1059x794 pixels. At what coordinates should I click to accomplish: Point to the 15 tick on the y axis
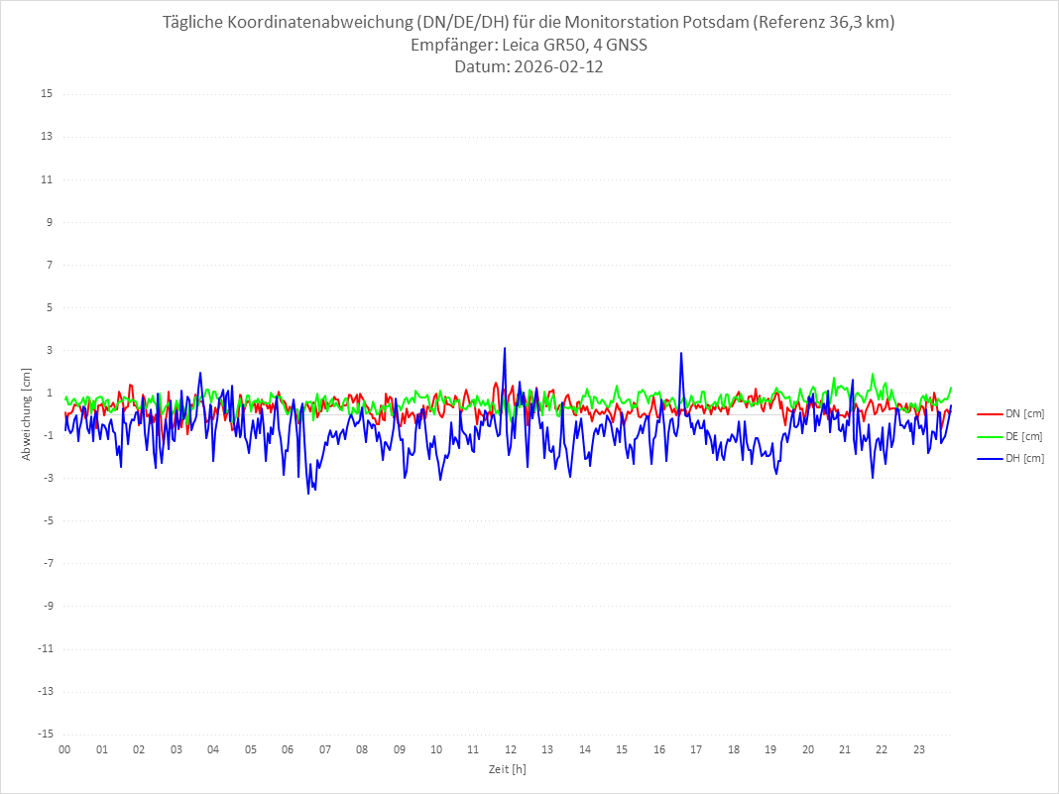click(47, 94)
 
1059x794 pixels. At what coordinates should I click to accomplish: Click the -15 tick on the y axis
click(45, 734)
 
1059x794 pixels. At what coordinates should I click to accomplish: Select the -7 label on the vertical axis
click(47, 563)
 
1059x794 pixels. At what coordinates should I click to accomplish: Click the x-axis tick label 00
click(64, 749)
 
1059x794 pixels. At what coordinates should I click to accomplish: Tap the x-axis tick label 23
click(919, 749)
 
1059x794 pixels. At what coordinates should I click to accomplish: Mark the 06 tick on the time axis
click(288, 749)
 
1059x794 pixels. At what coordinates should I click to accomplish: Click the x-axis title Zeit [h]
click(508, 769)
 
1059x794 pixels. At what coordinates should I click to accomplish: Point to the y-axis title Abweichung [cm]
click(27, 413)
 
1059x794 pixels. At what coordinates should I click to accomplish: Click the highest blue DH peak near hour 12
click(505, 348)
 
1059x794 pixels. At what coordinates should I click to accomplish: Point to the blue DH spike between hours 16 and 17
click(681, 353)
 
